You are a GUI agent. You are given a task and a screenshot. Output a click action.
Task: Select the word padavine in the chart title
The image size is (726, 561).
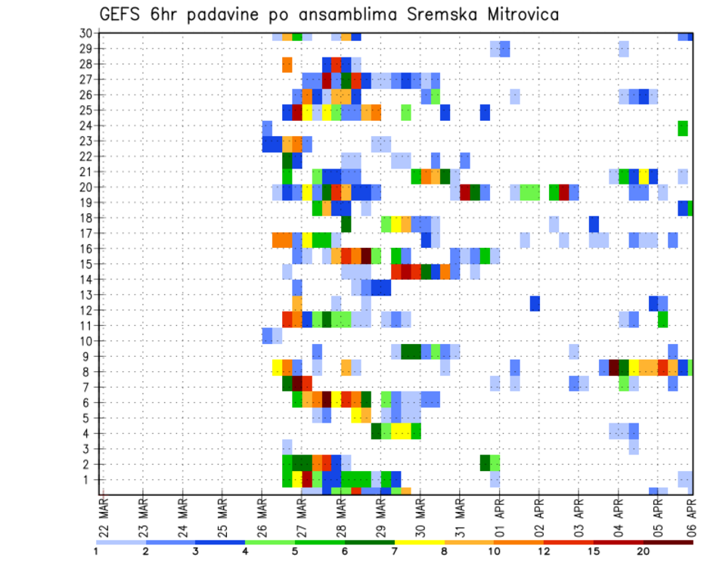[x=228, y=14]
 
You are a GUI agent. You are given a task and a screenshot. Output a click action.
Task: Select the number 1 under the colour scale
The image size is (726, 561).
[x=96, y=551]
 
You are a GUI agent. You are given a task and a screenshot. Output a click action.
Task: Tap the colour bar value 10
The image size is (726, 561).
[x=494, y=551]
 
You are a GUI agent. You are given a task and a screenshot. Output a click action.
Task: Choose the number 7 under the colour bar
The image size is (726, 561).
[x=395, y=551]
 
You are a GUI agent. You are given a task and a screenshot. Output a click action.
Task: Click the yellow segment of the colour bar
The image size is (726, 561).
[x=420, y=541]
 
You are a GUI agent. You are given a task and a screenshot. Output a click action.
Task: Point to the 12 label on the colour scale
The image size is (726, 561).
[x=544, y=551]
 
